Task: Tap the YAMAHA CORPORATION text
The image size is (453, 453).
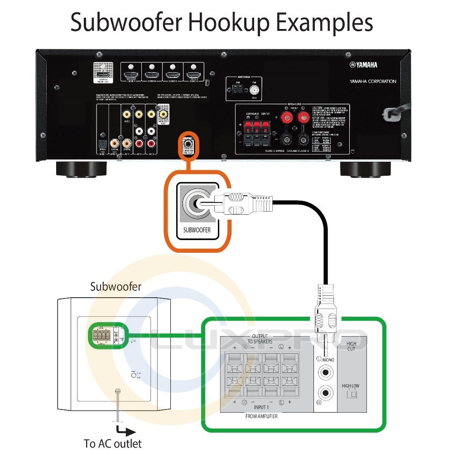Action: click(x=373, y=82)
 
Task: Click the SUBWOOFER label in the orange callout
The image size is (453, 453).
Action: click(x=197, y=230)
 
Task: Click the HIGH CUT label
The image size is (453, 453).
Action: click(x=351, y=347)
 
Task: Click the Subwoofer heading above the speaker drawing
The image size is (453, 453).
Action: click(x=116, y=286)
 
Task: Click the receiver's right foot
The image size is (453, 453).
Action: click(x=366, y=169)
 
